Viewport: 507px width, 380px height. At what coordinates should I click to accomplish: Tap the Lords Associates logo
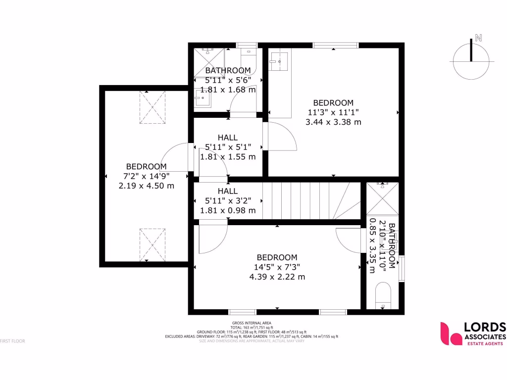pos(473,333)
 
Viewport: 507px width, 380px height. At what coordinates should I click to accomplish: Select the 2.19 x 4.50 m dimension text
pos(146,186)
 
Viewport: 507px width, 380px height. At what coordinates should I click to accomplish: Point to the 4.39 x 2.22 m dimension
pos(277,277)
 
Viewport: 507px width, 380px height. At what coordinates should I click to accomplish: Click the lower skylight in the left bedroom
pos(152,244)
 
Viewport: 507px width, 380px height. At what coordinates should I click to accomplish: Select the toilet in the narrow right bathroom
pos(383,296)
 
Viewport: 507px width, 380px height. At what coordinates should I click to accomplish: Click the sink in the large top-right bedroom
pos(278,61)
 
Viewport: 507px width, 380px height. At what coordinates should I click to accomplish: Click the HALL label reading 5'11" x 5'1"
pos(228,147)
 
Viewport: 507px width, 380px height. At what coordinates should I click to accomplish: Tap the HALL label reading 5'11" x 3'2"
pos(228,200)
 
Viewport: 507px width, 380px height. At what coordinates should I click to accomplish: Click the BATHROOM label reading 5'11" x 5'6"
pos(228,80)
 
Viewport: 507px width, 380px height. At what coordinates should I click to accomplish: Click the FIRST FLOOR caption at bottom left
pos(12,341)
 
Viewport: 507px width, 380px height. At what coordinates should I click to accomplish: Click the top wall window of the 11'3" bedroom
pos(336,45)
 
